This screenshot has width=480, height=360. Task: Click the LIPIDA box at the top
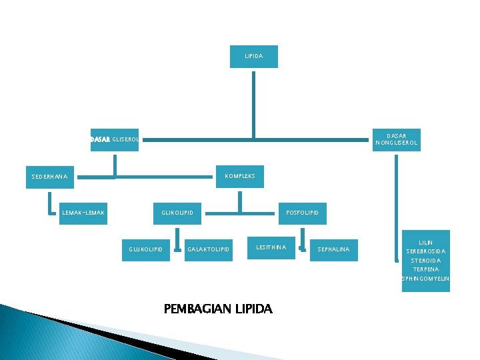click(253, 57)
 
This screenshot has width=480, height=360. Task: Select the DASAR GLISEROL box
click(115, 140)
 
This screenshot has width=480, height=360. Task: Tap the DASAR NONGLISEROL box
click(397, 139)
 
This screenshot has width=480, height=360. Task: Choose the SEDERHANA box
click(50, 177)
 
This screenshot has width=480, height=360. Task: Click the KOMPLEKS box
click(240, 176)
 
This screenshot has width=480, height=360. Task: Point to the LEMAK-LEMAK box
click(83, 213)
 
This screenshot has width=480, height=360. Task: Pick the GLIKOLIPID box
click(177, 213)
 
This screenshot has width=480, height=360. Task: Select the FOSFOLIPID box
click(302, 213)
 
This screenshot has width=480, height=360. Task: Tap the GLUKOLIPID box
click(145, 249)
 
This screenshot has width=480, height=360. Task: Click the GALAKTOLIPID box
click(208, 249)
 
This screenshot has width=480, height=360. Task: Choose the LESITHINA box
click(271, 248)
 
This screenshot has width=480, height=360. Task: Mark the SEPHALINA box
click(333, 249)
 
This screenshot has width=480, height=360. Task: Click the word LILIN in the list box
click(425, 242)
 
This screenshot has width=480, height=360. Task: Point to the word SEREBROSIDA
click(425, 251)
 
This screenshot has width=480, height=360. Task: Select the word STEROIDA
click(425, 261)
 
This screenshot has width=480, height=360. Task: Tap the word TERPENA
click(425, 269)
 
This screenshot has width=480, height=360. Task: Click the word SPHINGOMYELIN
click(425, 279)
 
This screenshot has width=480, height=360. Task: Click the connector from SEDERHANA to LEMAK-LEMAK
click(51, 203)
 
